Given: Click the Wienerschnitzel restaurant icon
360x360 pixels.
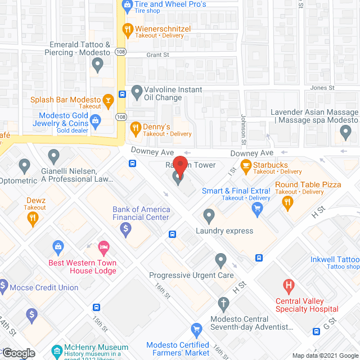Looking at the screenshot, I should click(x=128, y=29).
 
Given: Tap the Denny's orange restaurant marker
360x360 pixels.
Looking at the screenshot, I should click(x=135, y=129).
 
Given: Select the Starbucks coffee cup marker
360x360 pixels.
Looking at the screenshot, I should click(x=245, y=165).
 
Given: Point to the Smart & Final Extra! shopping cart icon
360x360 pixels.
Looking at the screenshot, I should click(x=258, y=209).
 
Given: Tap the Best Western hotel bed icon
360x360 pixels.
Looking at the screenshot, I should click(x=103, y=247).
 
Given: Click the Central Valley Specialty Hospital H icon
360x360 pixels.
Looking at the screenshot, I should click(x=289, y=286).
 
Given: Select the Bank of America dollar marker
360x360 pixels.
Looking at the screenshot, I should click(x=125, y=228).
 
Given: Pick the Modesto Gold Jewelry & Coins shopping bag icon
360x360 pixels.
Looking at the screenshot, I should click(x=96, y=120).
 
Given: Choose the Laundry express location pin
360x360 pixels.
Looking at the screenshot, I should click(x=209, y=215).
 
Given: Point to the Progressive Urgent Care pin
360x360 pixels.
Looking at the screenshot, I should click(x=221, y=260).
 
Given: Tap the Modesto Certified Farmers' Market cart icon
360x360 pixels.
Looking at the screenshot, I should click(x=196, y=329).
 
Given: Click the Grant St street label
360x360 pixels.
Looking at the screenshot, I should click(x=157, y=55).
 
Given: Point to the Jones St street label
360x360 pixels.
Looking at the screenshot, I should click(x=322, y=88).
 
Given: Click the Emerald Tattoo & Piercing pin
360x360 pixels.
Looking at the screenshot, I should click(x=98, y=65).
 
